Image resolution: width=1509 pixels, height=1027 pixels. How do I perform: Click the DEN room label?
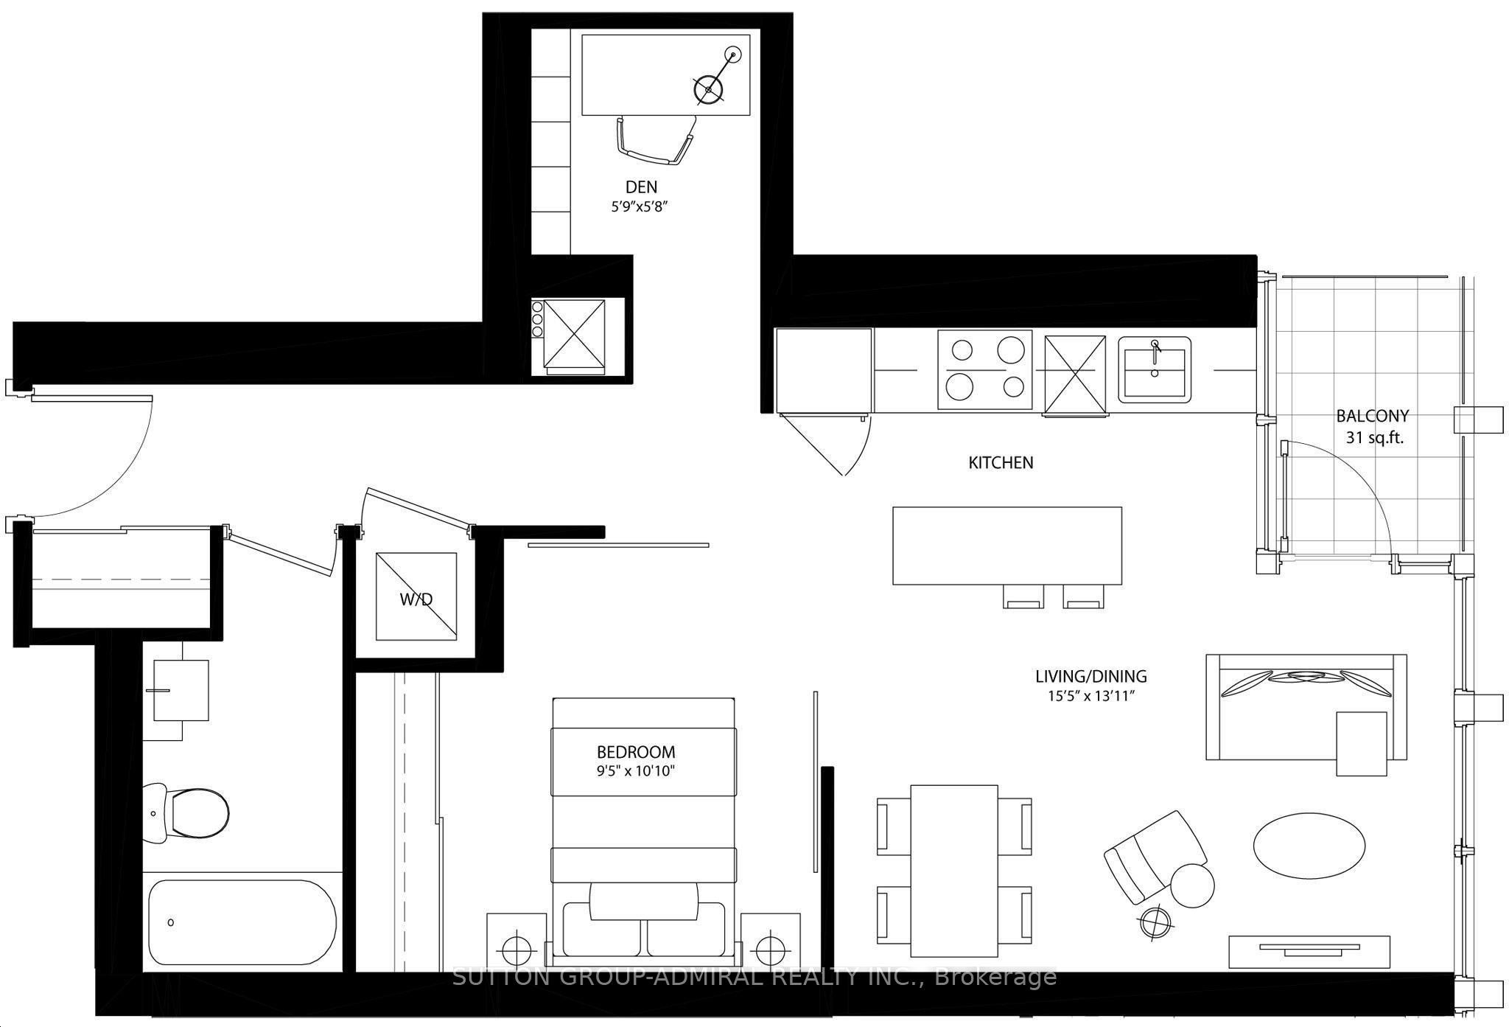tap(641, 187)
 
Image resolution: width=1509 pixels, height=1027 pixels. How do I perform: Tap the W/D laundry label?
tap(416, 599)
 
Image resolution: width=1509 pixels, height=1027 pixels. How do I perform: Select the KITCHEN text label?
tap(1001, 463)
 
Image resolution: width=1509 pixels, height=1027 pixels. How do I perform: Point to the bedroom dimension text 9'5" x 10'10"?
tap(636, 771)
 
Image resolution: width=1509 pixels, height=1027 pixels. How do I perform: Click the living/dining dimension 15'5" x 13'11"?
tap(1090, 695)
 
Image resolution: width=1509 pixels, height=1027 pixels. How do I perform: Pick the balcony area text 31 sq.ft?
tap(1375, 437)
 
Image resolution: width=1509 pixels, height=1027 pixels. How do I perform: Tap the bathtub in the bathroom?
tap(242, 922)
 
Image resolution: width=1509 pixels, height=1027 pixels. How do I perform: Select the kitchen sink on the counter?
tap(1155, 370)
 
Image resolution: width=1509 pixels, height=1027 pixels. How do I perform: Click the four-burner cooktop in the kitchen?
tap(984, 369)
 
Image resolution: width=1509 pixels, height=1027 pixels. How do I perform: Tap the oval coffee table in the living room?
tap(1309, 845)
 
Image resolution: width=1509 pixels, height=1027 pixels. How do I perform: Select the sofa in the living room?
tap(1306, 706)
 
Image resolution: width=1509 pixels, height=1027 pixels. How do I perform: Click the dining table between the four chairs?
tap(954, 870)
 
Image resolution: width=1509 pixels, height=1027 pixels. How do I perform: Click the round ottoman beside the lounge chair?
tap(1191, 885)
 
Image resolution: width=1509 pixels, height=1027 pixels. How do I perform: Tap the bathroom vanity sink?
tap(181, 690)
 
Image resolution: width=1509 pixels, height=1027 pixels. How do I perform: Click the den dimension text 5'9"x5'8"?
tap(640, 208)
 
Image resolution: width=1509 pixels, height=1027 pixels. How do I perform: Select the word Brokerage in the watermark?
tap(995, 978)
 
